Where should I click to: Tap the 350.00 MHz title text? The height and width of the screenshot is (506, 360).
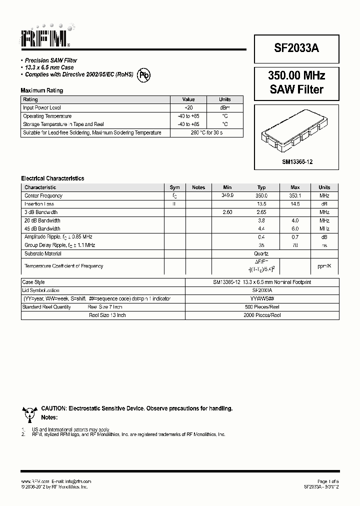click(296, 76)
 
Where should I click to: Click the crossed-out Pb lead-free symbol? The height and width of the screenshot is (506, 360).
click(144, 75)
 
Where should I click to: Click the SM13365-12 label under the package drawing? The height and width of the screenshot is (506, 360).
click(297, 162)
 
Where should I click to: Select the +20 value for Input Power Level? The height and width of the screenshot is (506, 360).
click(188, 107)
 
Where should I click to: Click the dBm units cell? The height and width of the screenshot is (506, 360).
click(225, 107)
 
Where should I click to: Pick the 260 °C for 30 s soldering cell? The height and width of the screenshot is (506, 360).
click(206, 132)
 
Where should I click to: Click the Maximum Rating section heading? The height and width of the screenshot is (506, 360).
click(41, 90)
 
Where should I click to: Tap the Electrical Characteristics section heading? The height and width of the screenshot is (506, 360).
click(52, 178)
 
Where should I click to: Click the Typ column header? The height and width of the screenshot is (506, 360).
click(261, 187)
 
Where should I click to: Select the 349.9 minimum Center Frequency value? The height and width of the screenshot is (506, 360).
click(227, 195)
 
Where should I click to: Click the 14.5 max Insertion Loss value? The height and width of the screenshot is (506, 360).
click(294, 204)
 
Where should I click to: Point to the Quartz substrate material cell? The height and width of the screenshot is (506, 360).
click(261, 253)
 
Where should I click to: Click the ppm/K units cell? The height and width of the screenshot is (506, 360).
click(324, 266)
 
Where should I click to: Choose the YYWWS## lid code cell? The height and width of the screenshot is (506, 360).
click(261, 298)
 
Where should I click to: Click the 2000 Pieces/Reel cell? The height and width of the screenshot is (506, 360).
click(261, 315)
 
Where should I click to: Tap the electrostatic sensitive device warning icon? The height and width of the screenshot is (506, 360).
click(29, 413)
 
